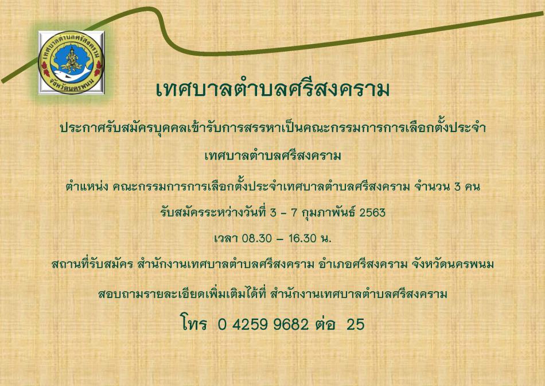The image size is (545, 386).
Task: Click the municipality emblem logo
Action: tap(71, 63)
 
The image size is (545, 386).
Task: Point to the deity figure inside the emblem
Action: tap(71, 57)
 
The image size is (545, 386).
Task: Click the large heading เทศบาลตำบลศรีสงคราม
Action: tap(273, 89)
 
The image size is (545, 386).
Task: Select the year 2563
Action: tap(372, 212)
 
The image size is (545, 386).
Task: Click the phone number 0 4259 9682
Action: tap(263, 325)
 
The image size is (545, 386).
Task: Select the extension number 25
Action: tap(355, 325)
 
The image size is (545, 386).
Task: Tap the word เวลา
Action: tap(225, 238)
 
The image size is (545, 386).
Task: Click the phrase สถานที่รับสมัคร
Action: tap(92, 265)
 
